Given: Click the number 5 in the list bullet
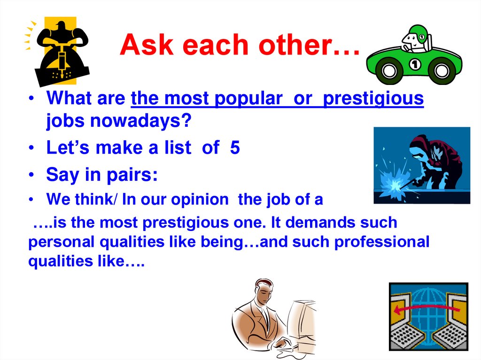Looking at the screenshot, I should tap(235, 148).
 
